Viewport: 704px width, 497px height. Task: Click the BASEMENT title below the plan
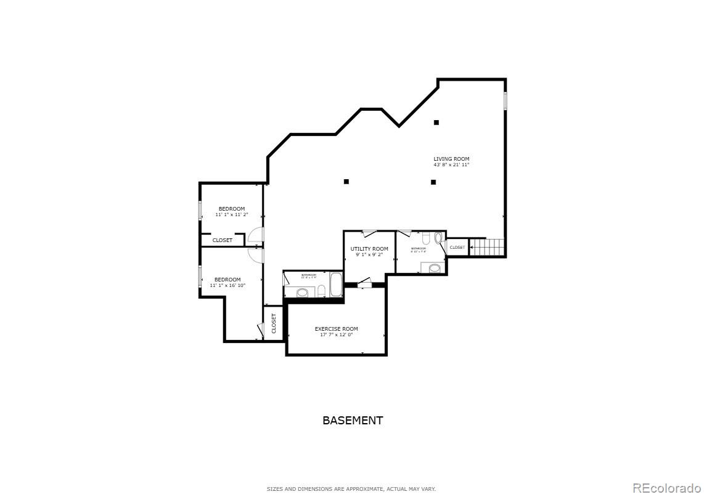pos(353,421)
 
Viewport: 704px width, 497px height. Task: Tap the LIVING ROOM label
pos(451,159)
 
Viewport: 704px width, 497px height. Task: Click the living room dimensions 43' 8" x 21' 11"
pos(451,165)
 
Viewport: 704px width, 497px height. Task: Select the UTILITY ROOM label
pos(369,249)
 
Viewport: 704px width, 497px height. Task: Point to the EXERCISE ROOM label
pos(336,329)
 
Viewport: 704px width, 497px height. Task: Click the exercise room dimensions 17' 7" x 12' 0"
pos(336,335)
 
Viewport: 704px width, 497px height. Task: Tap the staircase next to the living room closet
pos(487,248)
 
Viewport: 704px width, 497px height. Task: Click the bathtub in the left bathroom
pos(336,285)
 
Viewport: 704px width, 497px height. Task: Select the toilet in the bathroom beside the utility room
pos(426,238)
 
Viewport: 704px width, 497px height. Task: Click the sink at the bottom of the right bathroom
pos(435,268)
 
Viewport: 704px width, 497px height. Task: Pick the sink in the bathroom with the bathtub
pos(303,293)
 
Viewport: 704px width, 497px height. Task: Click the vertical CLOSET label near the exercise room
pos(274,324)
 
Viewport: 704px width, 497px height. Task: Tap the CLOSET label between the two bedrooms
pos(223,240)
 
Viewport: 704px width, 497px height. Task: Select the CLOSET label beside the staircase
pos(457,248)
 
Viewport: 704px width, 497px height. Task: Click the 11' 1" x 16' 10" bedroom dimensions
pos(227,286)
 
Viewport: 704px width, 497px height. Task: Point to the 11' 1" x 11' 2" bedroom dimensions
pos(232,215)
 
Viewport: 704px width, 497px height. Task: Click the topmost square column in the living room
pos(436,123)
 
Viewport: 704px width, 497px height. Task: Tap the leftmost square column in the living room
pos(346,182)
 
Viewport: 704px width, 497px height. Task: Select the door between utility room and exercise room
pos(364,284)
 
